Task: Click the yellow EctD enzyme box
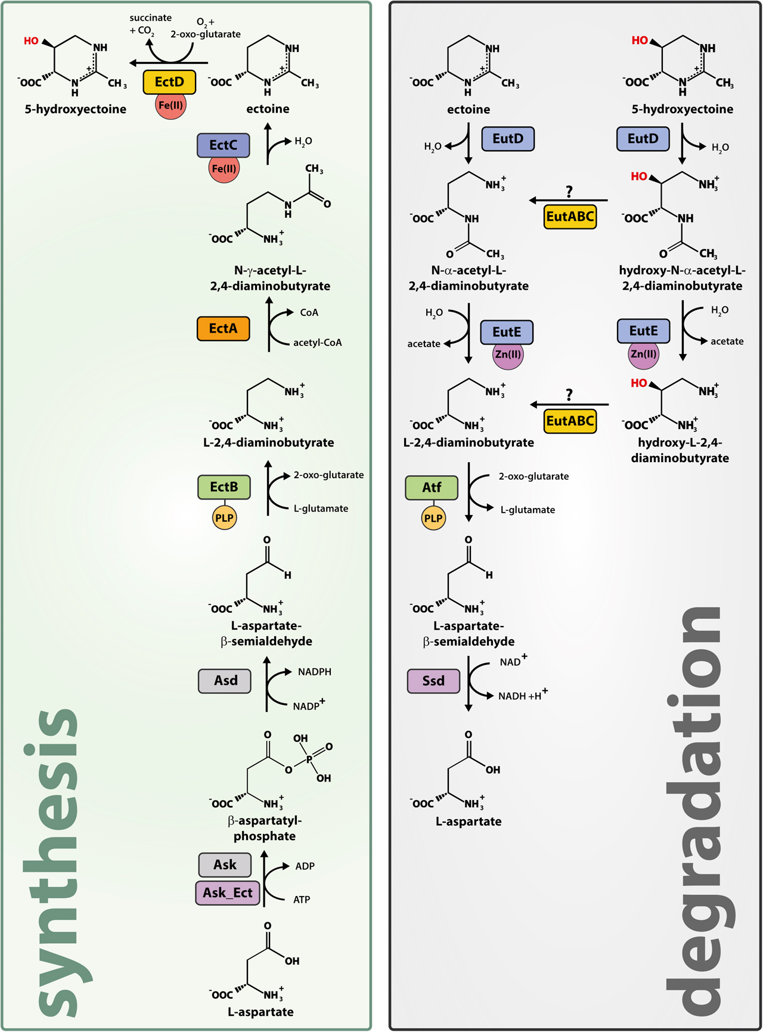pyautogui.click(x=169, y=82)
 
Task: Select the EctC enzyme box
pyautogui.click(x=223, y=145)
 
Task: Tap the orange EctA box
pyautogui.click(x=223, y=328)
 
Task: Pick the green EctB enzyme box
pyautogui.click(x=224, y=487)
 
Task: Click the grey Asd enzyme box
pyautogui.click(x=225, y=681)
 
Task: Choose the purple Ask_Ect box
pyautogui.click(x=227, y=893)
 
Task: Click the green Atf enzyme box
pyautogui.click(x=432, y=488)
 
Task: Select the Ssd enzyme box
pyautogui.click(x=433, y=681)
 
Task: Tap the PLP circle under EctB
pyautogui.click(x=224, y=517)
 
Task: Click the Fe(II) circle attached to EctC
pyautogui.click(x=224, y=169)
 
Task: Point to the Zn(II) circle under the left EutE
pyautogui.click(x=508, y=355)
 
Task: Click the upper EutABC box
pyautogui.click(x=570, y=216)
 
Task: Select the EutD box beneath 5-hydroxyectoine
pyautogui.click(x=643, y=139)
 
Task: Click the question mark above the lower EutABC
pyautogui.click(x=569, y=395)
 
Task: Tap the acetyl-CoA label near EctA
pyautogui.click(x=317, y=343)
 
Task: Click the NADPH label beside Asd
pyautogui.click(x=314, y=672)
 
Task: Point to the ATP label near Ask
pyautogui.click(x=302, y=900)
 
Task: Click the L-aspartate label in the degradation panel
pyautogui.click(x=469, y=822)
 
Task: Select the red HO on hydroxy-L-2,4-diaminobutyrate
pyautogui.click(x=639, y=383)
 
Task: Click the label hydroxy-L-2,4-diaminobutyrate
pyautogui.click(x=680, y=450)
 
